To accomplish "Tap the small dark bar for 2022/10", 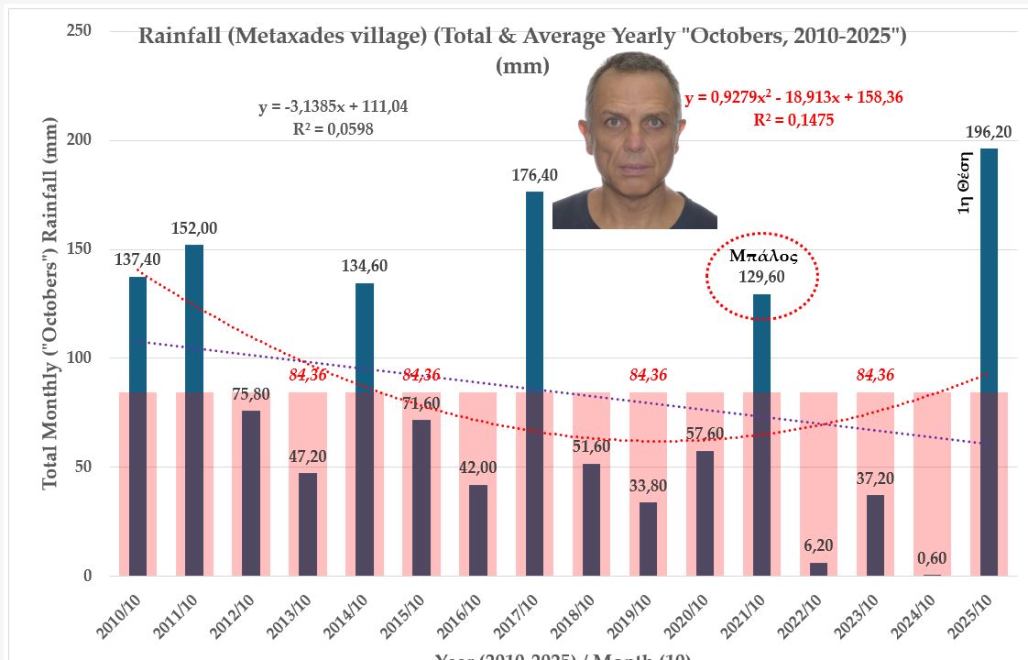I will click(818, 569).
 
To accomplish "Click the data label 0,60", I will click(933, 555).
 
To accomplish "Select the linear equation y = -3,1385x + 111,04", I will click(333, 107).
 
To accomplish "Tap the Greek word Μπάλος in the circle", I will click(762, 257).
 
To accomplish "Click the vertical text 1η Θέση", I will click(964, 188).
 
